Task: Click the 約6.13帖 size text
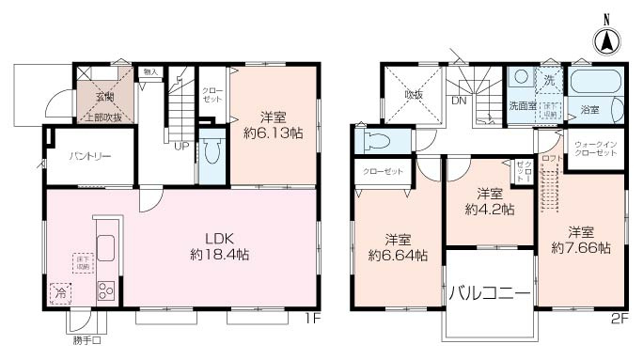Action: point(273,133)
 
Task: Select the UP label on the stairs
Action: point(180,145)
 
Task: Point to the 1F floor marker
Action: point(314,318)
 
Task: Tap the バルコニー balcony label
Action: point(488,292)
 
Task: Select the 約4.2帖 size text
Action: point(489,209)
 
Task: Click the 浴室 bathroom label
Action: point(588,110)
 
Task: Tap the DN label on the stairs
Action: point(459,101)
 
